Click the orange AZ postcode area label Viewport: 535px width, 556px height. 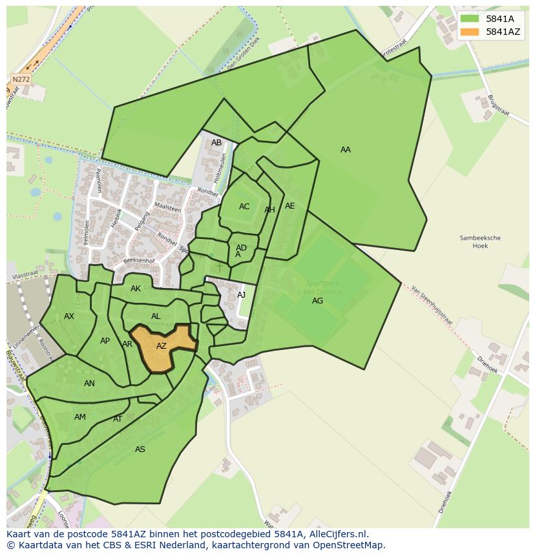click(162, 346)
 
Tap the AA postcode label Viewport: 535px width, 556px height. click(346, 150)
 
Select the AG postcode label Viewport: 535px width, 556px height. click(317, 301)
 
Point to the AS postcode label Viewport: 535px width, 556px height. click(140, 449)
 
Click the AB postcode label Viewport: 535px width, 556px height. click(216, 143)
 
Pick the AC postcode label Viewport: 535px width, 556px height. click(244, 207)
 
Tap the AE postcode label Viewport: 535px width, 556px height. click(289, 206)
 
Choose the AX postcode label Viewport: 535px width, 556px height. click(69, 316)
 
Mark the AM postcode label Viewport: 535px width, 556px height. click(80, 417)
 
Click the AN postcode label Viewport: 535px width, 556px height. click(89, 384)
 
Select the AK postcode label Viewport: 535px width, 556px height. click(136, 289)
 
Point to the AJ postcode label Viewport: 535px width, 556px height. click(242, 295)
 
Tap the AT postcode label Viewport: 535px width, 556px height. click(118, 419)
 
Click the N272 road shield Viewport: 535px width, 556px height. click(21, 79)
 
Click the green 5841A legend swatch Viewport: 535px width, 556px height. click(470, 19)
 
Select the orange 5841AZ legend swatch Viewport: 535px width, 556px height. click(470, 32)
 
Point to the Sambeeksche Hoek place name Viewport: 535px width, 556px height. click(480, 242)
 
